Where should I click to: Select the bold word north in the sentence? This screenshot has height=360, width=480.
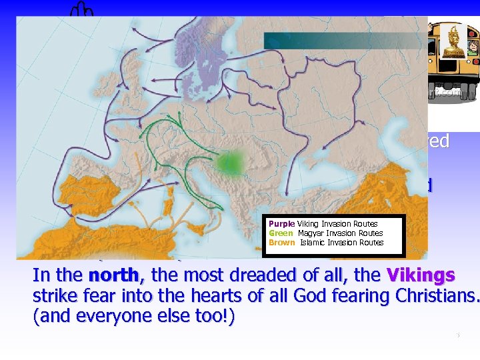pyautogui.click(x=114, y=276)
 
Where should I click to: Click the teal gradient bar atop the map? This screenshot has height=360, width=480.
pyautogui.click(x=340, y=41)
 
